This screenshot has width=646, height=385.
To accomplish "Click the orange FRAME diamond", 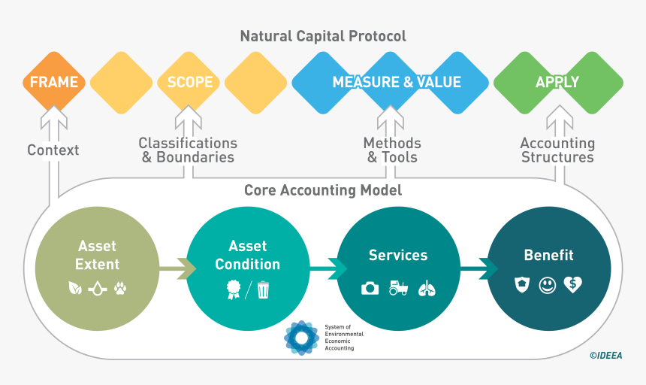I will (53, 82).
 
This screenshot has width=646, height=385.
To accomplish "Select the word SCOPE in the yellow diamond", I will (189, 82).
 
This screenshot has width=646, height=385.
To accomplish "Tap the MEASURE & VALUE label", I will (397, 82).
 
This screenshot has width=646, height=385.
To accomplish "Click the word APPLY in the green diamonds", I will (557, 82).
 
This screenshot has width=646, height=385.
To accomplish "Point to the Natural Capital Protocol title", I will (323, 36).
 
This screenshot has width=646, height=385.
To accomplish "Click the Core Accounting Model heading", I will (323, 190).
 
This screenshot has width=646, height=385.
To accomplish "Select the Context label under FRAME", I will (53, 150).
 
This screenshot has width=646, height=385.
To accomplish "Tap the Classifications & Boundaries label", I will (188, 150).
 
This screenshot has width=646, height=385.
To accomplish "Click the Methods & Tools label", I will (392, 150).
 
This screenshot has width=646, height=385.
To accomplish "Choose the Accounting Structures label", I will (557, 150).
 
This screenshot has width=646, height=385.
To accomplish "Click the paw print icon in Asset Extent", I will (120, 287).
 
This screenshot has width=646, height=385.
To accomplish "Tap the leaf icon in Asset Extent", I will (75, 287).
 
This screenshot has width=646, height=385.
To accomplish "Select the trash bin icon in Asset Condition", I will (264, 288).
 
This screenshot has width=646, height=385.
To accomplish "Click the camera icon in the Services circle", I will (370, 288).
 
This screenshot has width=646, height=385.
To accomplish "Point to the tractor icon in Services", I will (398, 288).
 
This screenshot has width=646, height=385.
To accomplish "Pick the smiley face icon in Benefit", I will (548, 285).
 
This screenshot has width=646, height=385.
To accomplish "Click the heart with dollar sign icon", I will (573, 285).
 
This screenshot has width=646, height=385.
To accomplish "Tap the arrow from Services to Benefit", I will (475, 268).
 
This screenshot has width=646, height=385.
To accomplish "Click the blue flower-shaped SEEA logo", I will (302, 338).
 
